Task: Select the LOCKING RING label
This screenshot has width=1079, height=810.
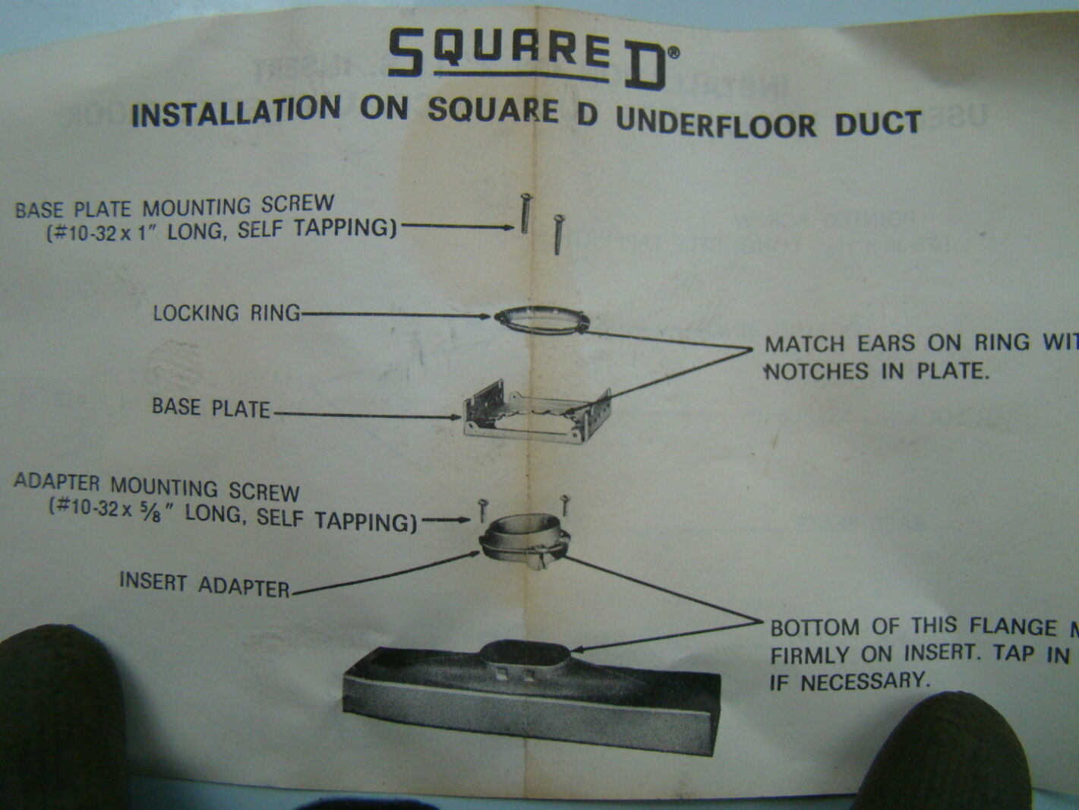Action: click(226, 312)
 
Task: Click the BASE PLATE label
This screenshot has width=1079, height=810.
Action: click(210, 408)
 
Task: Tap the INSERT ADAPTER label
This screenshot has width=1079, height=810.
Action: click(204, 584)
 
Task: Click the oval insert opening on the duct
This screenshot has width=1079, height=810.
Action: click(525, 656)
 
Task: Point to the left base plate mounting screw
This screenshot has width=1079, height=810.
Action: click(524, 214)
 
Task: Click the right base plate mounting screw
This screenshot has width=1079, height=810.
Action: click(558, 233)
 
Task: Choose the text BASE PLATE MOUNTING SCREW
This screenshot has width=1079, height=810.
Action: click(175, 206)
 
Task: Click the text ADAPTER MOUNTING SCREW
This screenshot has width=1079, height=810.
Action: click(157, 487)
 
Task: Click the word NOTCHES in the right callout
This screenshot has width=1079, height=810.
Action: click(806, 372)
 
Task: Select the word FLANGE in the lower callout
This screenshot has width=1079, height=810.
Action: click(1013, 627)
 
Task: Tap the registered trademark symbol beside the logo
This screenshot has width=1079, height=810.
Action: click(674, 52)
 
